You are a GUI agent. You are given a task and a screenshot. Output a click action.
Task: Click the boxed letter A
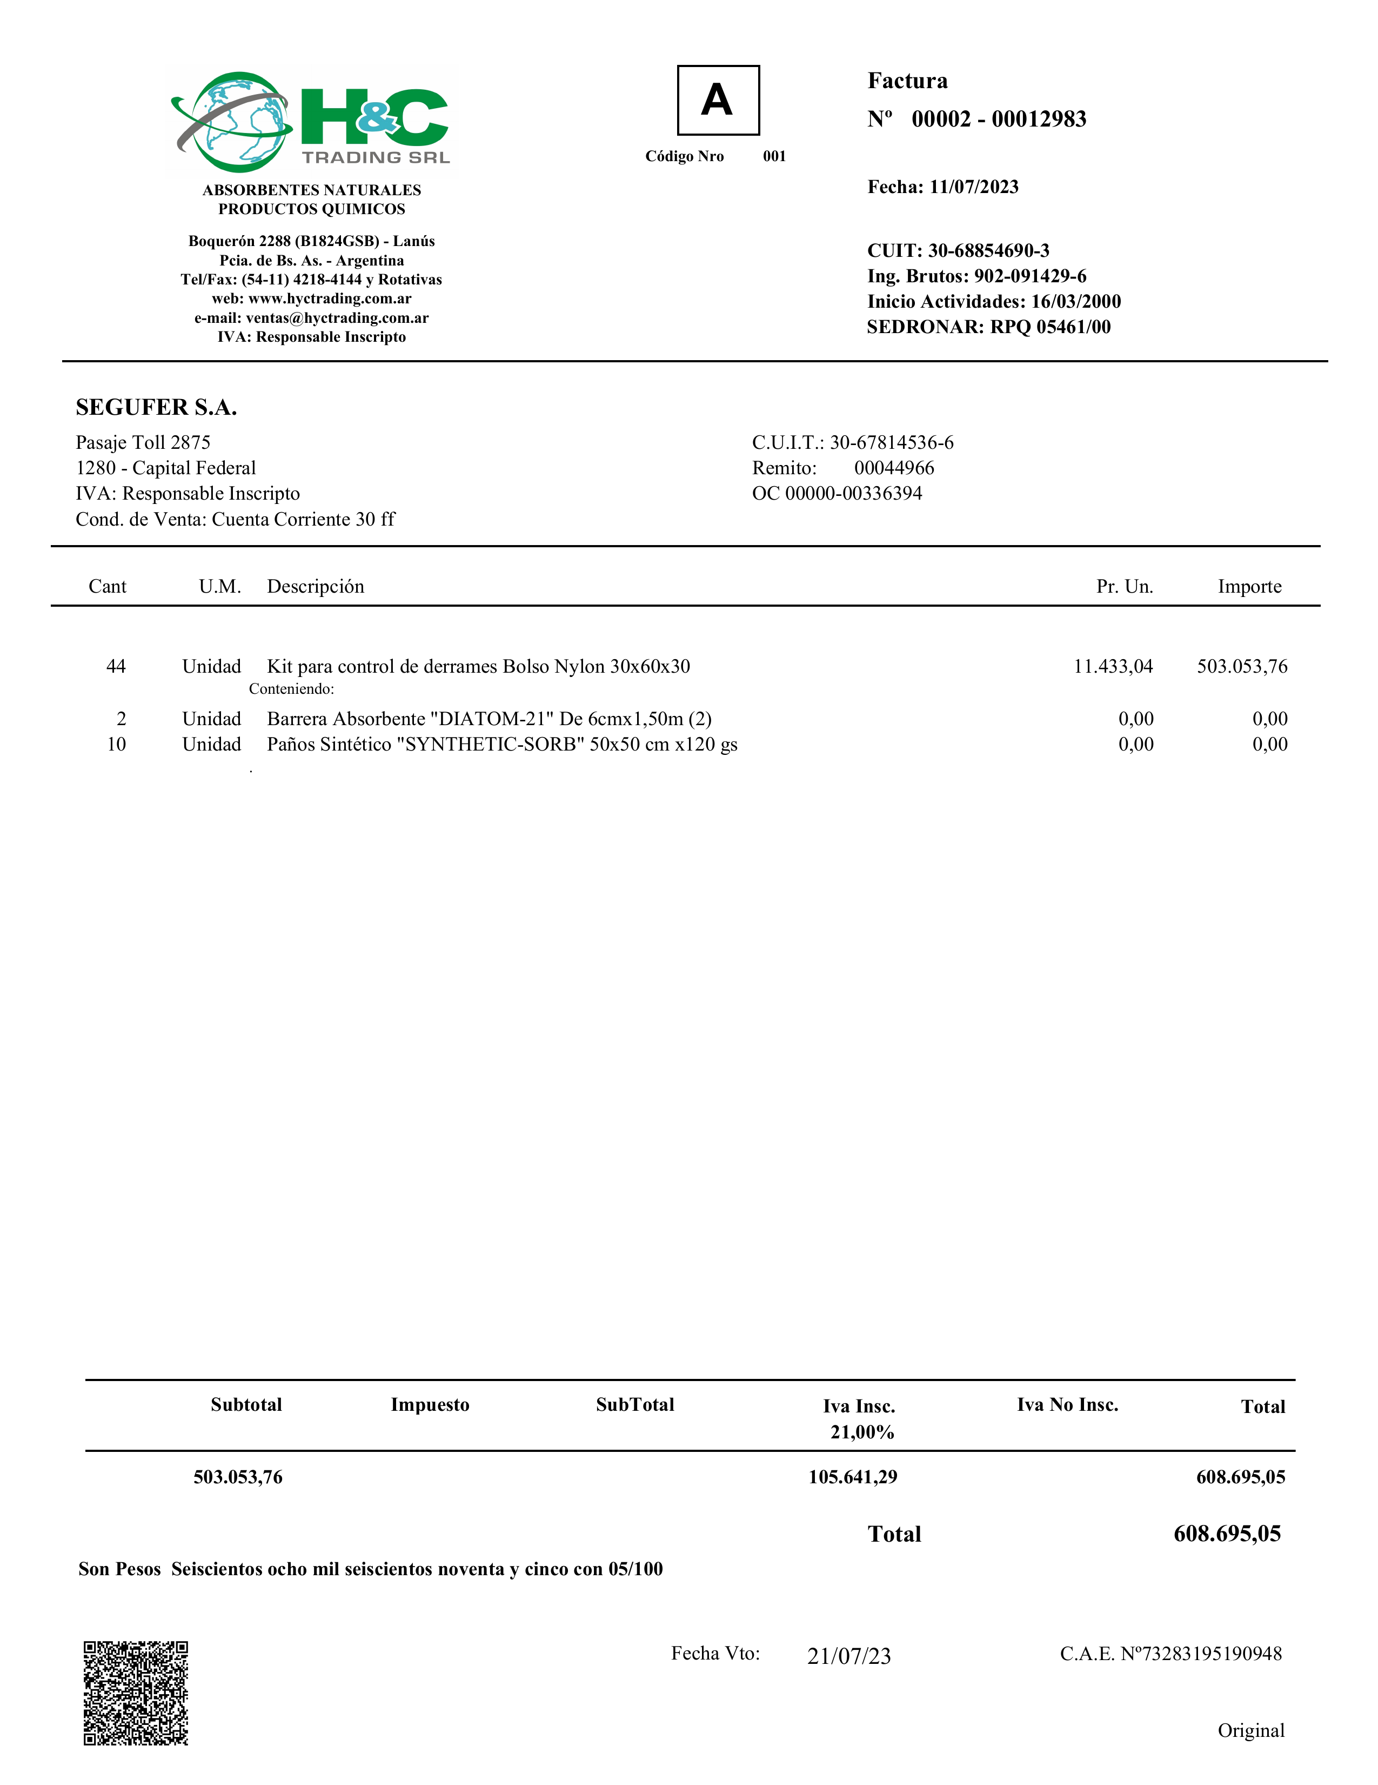tap(717, 101)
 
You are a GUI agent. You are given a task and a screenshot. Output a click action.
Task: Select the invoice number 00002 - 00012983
tap(998, 120)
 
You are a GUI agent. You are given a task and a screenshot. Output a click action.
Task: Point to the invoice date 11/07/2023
tap(974, 187)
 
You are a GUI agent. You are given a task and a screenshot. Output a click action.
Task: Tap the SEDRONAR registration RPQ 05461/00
tap(1051, 327)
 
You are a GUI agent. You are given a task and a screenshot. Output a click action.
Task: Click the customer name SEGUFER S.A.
tap(156, 407)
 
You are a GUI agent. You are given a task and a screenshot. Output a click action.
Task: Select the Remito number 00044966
tap(894, 468)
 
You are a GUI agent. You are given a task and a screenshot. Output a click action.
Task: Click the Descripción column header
tap(315, 587)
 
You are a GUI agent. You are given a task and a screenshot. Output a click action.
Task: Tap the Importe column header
tap(1249, 587)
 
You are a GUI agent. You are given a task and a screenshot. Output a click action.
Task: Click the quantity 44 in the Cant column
tap(116, 667)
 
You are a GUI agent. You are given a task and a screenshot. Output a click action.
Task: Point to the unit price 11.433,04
tap(1113, 667)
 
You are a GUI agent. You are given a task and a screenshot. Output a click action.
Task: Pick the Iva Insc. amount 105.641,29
tap(853, 1477)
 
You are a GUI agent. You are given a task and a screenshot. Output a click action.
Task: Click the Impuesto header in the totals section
tap(430, 1405)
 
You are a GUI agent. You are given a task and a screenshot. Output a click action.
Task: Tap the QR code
tap(136, 1693)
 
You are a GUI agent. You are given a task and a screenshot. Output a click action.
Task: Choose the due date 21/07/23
tap(849, 1656)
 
